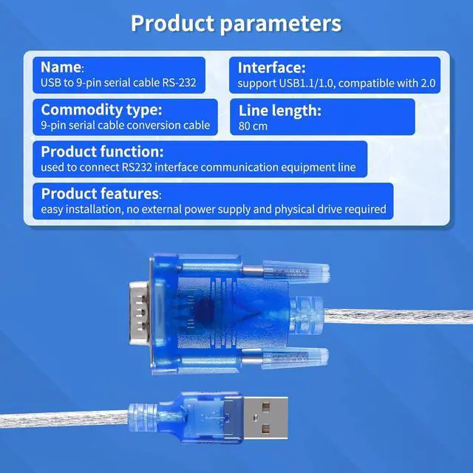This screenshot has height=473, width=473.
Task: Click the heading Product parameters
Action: point(236,23)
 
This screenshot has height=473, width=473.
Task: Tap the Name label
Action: point(61,67)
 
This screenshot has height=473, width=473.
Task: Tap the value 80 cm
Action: point(253,126)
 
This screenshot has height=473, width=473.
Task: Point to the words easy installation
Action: point(80,210)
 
